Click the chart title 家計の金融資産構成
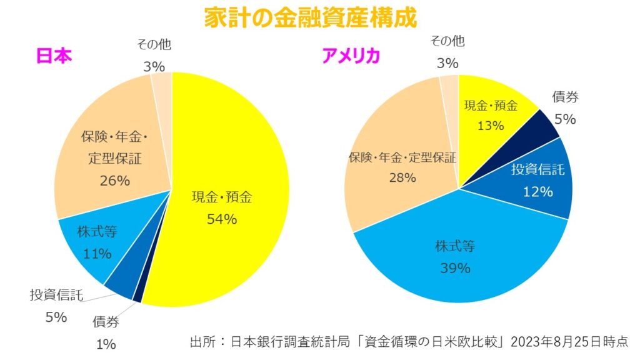(x=310, y=17)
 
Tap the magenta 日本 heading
(x=55, y=56)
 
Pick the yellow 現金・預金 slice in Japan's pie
(x=237, y=156)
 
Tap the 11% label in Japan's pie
(x=97, y=253)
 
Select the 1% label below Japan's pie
(x=106, y=343)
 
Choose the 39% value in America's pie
(x=454, y=268)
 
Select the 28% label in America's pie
(x=402, y=177)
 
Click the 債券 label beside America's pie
(x=565, y=97)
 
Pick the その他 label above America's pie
(x=447, y=42)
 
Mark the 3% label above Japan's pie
(x=153, y=66)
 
